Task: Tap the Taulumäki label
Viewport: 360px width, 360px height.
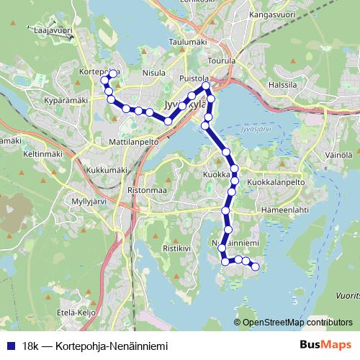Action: [187, 42]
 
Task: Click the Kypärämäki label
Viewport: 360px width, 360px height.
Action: [66, 99]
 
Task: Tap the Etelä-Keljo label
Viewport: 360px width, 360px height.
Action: [77, 314]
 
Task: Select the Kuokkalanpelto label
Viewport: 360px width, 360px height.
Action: [276, 183]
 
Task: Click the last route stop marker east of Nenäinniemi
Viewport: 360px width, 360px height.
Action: [255, 268]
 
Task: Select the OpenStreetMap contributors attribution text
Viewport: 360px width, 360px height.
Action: [297, 322]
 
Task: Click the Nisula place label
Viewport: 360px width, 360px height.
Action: [154, 72]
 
